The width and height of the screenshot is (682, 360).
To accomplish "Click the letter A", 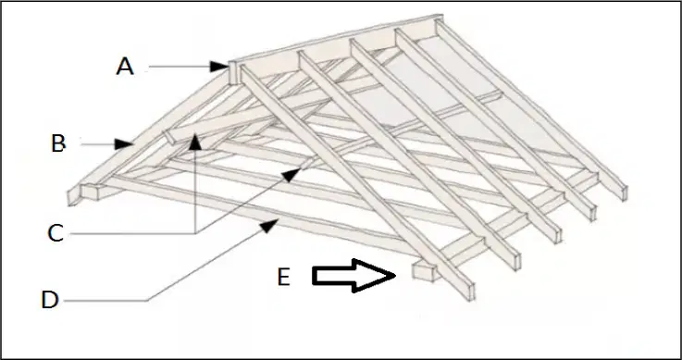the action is point(125,67).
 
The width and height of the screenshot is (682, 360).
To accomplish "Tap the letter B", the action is point(58,143).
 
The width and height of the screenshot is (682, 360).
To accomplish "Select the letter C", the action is point(56,233).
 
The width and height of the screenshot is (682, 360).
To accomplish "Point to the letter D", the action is point(50,300).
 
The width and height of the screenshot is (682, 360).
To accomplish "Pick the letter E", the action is point(283,277).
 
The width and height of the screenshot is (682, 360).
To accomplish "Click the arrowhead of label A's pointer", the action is point(218,67).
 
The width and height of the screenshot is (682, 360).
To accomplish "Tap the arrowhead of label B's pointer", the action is point(123,144).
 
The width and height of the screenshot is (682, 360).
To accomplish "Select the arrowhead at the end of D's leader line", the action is point(269,225).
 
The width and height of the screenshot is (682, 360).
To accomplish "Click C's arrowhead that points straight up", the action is point(196,143).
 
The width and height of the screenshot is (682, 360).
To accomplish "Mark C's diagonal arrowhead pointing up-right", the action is point(292,174).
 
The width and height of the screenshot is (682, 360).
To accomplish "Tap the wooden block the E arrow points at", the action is point(424,271).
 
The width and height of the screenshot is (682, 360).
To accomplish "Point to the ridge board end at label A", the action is point(233,73).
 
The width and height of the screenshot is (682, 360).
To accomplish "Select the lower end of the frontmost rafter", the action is point(469,292).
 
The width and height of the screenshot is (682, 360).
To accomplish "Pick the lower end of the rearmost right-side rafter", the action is point(624,193).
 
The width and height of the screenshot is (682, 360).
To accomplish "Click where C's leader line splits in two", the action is point(196,233).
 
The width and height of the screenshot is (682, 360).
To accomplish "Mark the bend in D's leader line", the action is point(147,300).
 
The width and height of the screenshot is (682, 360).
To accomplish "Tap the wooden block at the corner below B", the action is point(91,192).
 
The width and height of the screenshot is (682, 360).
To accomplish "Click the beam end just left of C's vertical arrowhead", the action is point(169,137).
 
